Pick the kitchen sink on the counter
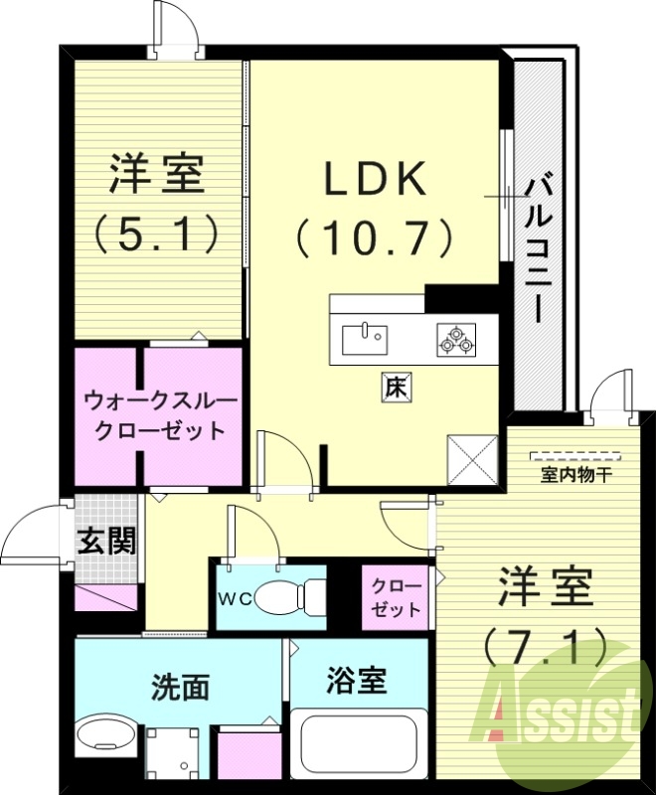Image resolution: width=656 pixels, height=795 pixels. click(x=365, y=339)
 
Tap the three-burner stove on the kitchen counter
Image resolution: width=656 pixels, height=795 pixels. click(x=455, y=339)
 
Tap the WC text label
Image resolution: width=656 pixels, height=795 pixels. click(x=235, y=597)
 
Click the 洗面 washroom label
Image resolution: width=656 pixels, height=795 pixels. click(x=180, y=687)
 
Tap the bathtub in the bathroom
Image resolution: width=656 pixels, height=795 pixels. click(x=358, y=742)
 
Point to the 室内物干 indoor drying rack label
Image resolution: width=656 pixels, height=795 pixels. click(x=575, y=475)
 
